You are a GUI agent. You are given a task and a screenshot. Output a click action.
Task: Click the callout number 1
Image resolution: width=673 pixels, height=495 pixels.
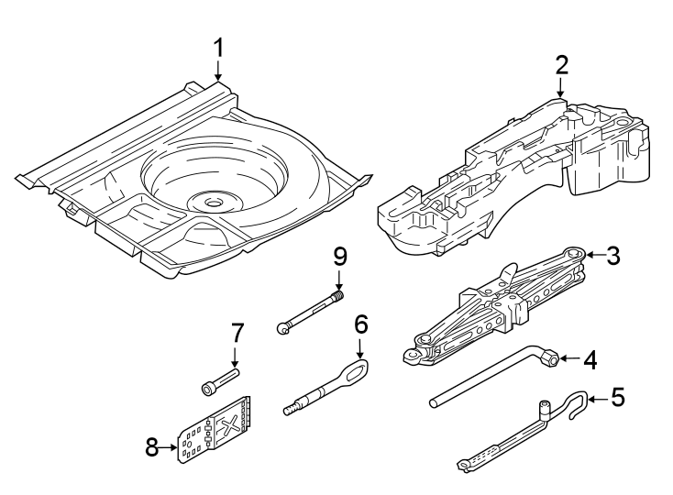(218, 47)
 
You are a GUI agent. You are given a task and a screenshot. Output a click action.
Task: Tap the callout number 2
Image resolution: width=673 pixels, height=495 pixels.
(561, 64)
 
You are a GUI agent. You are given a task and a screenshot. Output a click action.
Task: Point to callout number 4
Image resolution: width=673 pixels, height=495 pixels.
(590, 360)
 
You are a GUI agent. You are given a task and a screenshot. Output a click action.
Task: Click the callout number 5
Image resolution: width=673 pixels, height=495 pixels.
(617, 398)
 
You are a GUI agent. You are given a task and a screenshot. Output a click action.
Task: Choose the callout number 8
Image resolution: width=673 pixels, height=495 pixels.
(152, 448)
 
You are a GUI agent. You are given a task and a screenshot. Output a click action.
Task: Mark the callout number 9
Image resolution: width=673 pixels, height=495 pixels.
(339, 254)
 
